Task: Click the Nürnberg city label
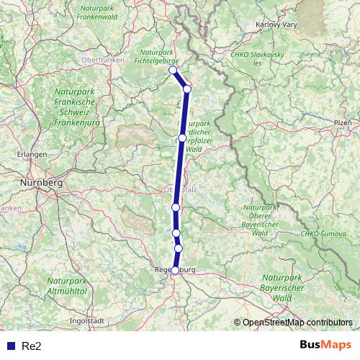[42, 183]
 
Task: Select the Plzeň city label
[342, 123]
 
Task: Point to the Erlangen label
[33, 154]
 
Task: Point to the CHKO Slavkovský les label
[258, 58]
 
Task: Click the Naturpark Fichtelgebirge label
[158, 57]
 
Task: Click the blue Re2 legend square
[10, 346]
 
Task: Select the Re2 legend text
[32, 346]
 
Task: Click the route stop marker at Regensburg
[175, 270]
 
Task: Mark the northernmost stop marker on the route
[173, 71]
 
